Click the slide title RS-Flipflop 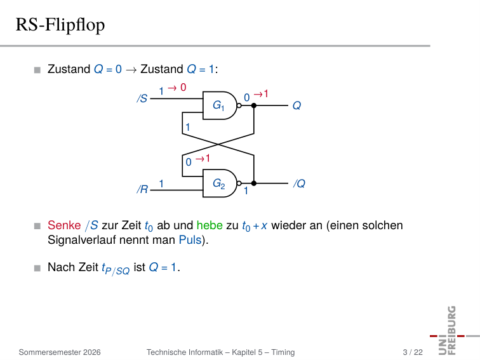tap(60, 25)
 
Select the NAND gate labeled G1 tap(220, 105)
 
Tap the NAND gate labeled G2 tap(220, 183)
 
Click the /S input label tap(142, 98)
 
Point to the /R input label tap(142, 189)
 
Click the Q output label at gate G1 tap(297, 106)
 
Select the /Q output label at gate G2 tap(299, 183)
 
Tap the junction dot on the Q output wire tap(254, 105)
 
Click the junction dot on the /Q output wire tap(254, 183)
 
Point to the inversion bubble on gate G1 tap(239, 105)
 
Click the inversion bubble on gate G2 tap(239, 183)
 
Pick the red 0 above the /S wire tap(183, 87)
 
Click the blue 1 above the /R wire tap(161, 183)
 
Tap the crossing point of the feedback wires tap(218, 144)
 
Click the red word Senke tap(64, 225)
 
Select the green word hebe tap(210, 225)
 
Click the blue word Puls tap(190, 240)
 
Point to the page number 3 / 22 tap(413, 352)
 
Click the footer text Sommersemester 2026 tap(60, 352)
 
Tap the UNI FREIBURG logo tap(451, 330)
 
